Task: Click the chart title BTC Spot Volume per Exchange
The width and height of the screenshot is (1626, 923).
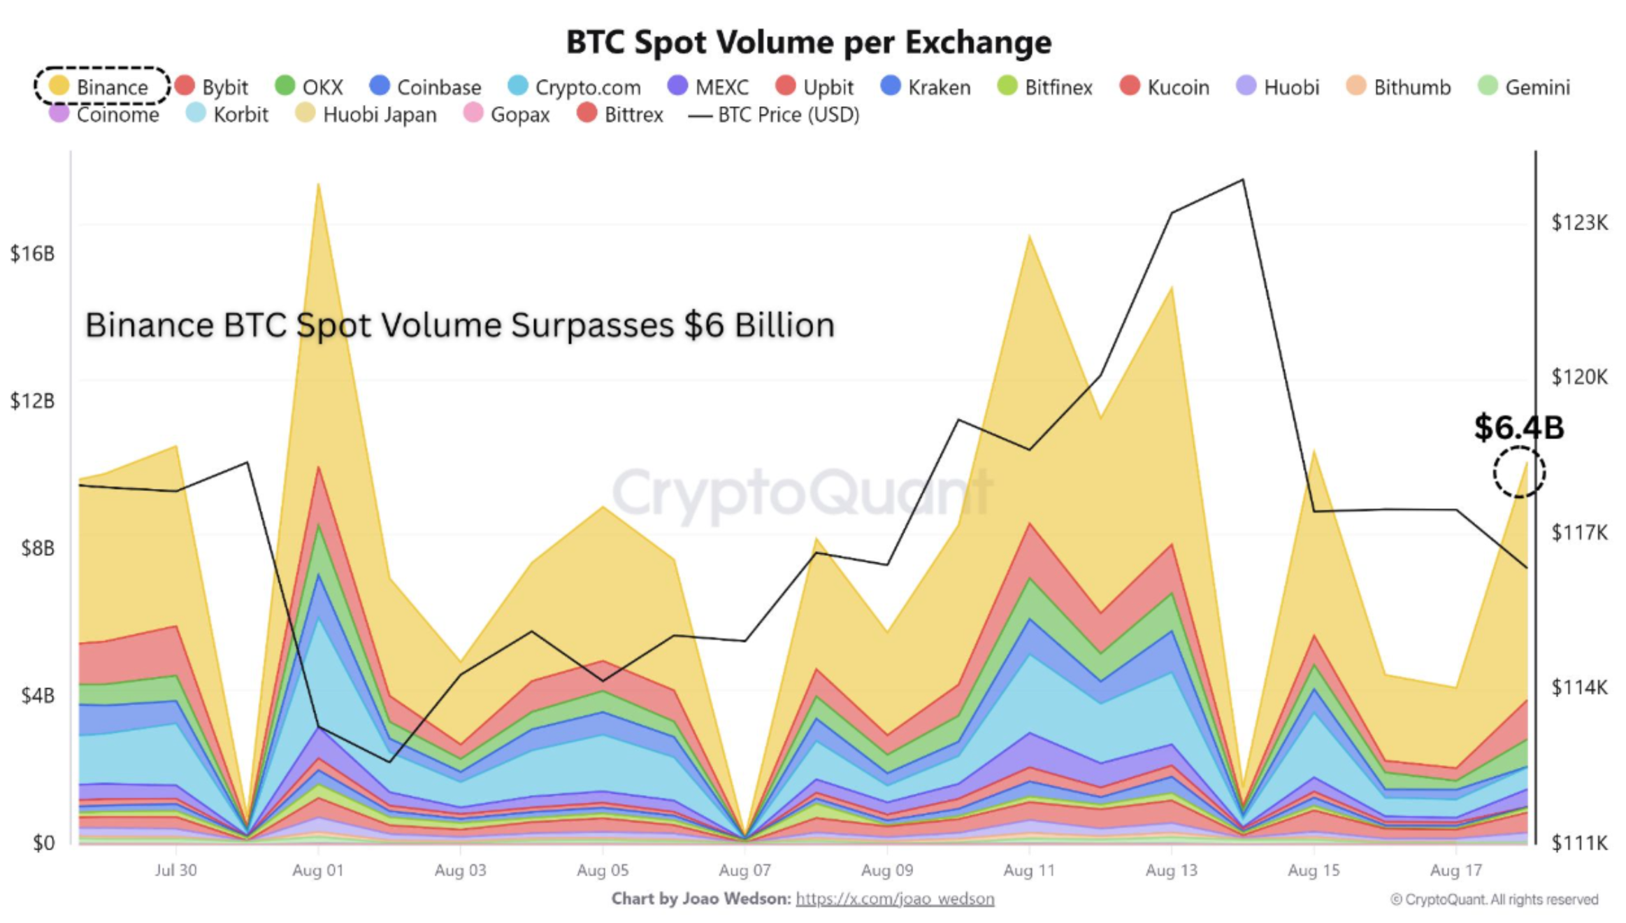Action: click(x=808, y=42)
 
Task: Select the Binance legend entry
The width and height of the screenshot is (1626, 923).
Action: click(x=100, y=87)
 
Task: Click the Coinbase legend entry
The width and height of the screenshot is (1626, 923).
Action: click(x=426, y=87)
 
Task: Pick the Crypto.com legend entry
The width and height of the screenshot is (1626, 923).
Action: click(x=575, y=87)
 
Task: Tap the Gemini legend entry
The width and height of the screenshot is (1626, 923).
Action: click(x=1525, y=87)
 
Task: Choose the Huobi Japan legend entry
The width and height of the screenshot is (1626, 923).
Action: click(x=366, y=114)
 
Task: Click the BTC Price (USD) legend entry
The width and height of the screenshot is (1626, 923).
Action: click(x=775, y=115)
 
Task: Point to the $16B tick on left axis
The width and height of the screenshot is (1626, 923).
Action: click(x=32, y=253)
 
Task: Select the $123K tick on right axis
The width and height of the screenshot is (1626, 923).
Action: click(x=1579, y=223)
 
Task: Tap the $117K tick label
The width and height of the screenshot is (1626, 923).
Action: click(x=1579, y=533)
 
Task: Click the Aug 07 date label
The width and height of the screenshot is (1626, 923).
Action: click(x=744, y=871)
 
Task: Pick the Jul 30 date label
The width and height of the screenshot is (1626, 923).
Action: click(x=175, y=871)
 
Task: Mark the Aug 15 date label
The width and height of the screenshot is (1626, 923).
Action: click(x=1314, y=871)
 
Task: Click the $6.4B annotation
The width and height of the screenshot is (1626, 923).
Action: click(x=1518, y=427)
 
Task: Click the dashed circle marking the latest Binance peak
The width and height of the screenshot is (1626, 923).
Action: click(x=1519, y=472)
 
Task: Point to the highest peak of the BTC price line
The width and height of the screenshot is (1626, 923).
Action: click(x=1242, y=180)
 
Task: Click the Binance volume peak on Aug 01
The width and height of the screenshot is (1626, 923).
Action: click(x=318, y=185)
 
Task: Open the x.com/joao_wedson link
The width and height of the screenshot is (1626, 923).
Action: click(x=895, y=899)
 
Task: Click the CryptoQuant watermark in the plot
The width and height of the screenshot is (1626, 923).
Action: click(x=801, y=492)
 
